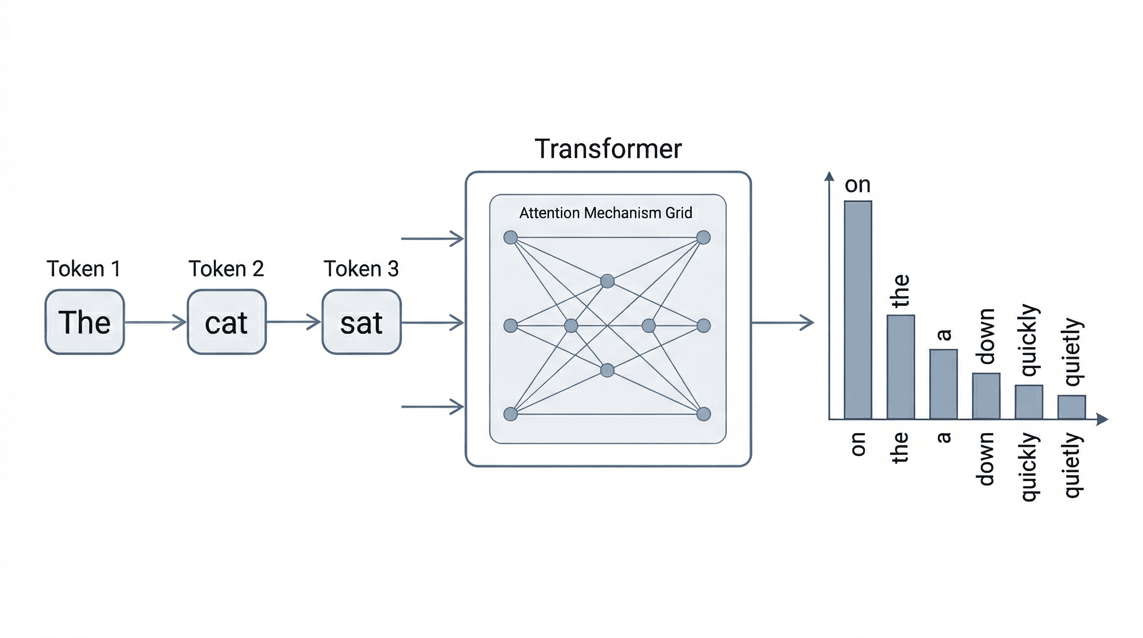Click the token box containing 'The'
pyautogui.click(x=84, y=322)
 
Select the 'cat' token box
pyautogui.click(x=226, y=322)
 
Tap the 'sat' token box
pyautogui.click(x=361, y=322)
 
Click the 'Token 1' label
pyautogui.click(x=83, y=269)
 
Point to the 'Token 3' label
pyautogui.click(x=361, y=269)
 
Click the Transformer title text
pyautogui.click(x=608, y=149)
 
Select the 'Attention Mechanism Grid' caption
pyautogui.click(x=606, y=213)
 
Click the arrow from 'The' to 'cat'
pyautogui.click(x=155, y=322)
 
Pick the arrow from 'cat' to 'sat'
pyautogui.click(x=293, y=322)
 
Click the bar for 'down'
pyautogui.click(x=986, y=396)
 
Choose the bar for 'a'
pyautogui.click(x=943, y=384)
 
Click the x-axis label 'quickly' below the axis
pyautogui.click(x=1029, y=467)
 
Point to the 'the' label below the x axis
pyautogui.click(x=900, y=448)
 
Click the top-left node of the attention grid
pyautogui.click(x=511, y=237)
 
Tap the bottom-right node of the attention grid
pyautogui.click(x=704, y=415)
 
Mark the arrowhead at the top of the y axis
pyautogui.click(x=829, y=176)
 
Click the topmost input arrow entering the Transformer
pyautogui.click(x=433, y=239)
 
